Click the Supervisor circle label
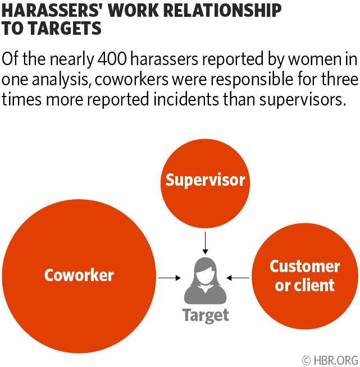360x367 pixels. (x=205, y=180)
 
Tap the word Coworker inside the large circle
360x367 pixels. (x=79, y=275)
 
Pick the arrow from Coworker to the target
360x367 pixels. (x=168, y=277)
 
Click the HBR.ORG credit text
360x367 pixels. (x=335, y=359)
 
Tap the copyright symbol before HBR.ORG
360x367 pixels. (x=306, y=359)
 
